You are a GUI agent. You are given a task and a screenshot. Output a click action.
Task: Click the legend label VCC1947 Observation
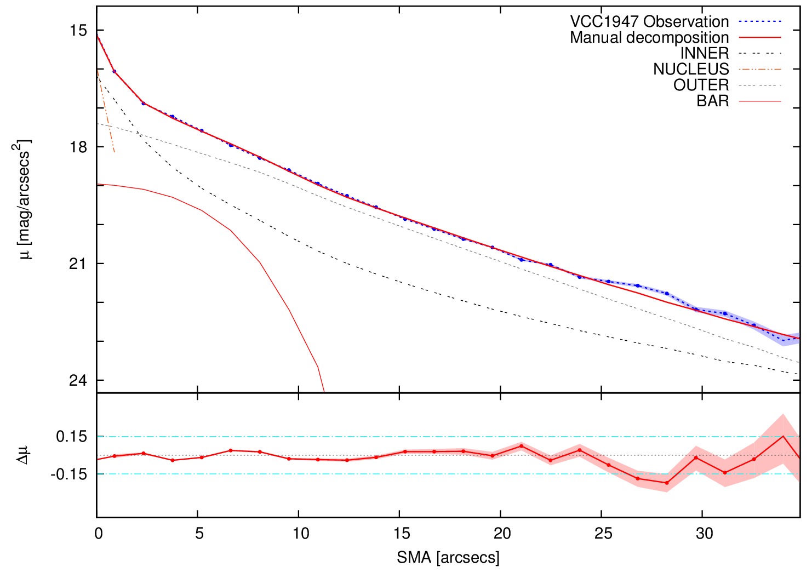(649, 21)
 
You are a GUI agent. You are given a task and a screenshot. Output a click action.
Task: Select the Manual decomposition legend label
(649, 37)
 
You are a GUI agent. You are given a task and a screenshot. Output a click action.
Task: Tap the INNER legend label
(705, 53)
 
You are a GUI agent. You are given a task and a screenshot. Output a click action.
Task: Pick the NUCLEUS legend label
(691, 69)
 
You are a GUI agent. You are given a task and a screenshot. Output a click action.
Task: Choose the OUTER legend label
(701, 85)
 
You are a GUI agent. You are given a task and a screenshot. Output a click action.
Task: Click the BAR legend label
(713, 101)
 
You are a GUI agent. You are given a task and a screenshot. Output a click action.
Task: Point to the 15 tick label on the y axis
(78, 30)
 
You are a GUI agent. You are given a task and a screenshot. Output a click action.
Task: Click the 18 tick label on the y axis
(78, 147)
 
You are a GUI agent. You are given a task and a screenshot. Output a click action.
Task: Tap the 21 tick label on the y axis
(78, 264)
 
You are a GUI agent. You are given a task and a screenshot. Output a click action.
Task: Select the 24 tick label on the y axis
(78, 380)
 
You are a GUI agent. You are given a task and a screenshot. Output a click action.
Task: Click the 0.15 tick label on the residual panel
(71, 437)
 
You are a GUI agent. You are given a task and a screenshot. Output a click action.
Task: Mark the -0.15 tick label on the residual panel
(69, 474)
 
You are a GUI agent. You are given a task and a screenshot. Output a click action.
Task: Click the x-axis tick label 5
(199, 534)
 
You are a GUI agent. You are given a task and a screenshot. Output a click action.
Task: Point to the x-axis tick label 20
(502, 534)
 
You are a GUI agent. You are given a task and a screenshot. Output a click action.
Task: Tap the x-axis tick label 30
(704, 534)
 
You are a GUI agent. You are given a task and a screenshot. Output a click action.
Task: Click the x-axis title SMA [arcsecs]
(448, 558)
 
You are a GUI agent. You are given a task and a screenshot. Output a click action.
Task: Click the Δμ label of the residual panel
(23, 455)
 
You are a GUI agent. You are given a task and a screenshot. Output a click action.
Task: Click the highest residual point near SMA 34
(783, 436)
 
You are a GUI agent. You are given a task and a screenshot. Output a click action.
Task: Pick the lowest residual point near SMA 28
(667, 483)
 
